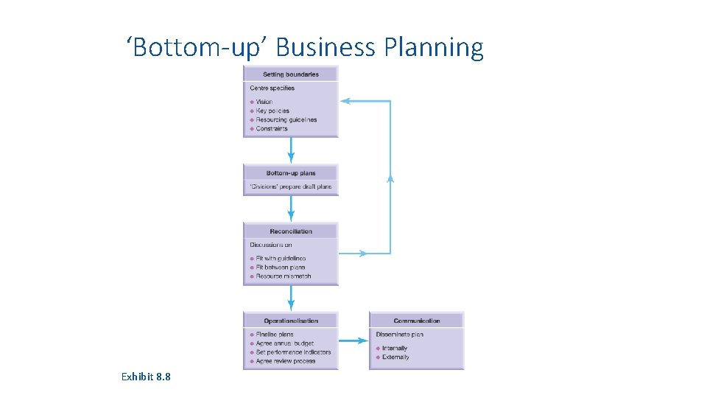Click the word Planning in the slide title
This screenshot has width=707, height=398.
(434, 48)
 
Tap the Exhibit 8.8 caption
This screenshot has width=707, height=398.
(146, 377)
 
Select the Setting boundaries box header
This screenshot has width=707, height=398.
(291, 74)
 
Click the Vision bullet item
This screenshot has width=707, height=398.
(264, 102)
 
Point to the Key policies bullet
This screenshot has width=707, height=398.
(272, 111)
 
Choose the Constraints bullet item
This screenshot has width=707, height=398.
(271, 128)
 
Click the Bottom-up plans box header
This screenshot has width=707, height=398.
(291, 173)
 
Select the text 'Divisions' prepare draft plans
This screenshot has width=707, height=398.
(291, 186)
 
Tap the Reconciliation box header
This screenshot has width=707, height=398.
(291, 231)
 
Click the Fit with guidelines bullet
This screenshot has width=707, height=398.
(280, 259)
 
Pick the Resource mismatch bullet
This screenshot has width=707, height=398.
(283, 276)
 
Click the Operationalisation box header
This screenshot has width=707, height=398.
(291, 321)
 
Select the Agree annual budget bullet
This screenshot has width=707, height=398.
(284, 343)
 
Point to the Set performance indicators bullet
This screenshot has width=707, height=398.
(293, 352)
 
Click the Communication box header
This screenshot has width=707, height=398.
(417, 321)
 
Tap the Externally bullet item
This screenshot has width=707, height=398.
(395, 357)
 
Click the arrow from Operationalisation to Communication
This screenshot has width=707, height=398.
(353, 341)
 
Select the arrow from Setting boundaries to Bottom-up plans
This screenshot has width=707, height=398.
(291, 150)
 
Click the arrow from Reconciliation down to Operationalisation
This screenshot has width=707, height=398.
(291, 298)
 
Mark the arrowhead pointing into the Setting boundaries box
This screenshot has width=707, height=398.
(345, 101)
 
